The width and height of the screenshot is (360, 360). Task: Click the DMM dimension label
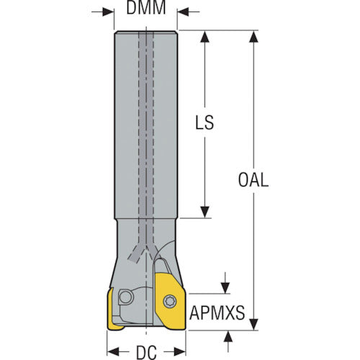pos(146,7)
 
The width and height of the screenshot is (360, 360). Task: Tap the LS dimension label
pos(204,122)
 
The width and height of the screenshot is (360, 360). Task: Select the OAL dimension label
pos(253,180)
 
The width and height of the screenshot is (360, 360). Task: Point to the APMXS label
pos(217,312)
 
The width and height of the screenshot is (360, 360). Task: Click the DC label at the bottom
pos(146,353)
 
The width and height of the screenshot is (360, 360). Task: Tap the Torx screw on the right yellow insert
pos(170,301)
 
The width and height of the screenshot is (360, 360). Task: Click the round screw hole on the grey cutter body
pos(126,297)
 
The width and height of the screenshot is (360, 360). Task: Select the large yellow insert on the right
pos(170,301)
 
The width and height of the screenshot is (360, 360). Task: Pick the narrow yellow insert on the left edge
pos(113,310)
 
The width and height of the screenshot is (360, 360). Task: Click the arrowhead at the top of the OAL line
pos(253,37)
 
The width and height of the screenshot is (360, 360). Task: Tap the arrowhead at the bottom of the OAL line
pos(253,324)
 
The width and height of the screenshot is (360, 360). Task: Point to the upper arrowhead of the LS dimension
pos(204,37)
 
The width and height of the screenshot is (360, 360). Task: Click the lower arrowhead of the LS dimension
pos(204,212)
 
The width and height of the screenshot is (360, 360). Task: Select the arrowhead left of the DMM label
pos(108,12)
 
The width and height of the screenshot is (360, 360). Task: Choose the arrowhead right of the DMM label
pos(183,12)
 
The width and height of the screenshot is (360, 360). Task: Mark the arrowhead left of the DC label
pos(113,351)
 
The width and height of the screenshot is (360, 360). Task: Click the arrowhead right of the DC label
pos(180,351)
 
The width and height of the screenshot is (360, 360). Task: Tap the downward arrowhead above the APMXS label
pos(225,288)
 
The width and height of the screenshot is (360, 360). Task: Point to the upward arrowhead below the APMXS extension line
pos(228,336)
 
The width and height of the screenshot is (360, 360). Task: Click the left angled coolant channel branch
pos(137,253)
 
